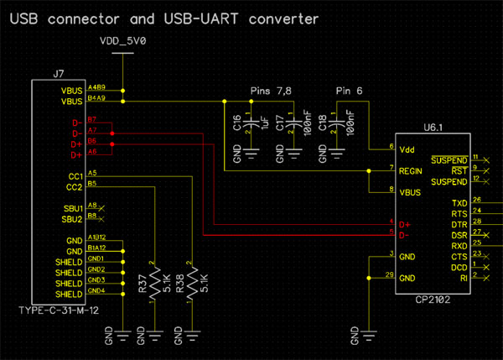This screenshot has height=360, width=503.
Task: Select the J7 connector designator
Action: [58, 73]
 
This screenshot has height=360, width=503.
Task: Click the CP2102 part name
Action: [432, 300]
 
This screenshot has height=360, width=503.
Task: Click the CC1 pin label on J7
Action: [75, 176]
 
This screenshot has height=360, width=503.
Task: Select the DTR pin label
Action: [459, 225]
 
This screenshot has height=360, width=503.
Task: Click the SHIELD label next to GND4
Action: [70, 295]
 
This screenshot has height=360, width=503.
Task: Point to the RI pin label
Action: [464, 278]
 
